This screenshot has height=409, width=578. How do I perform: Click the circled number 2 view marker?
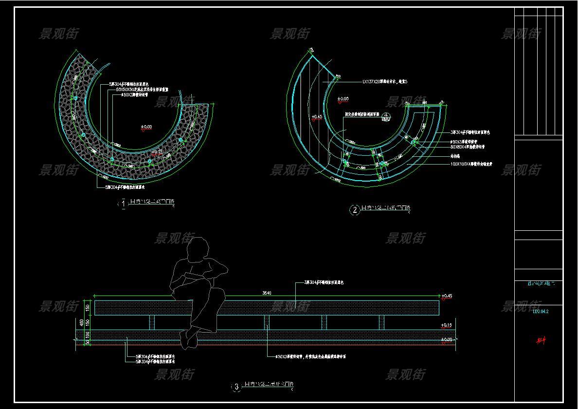click(354, 210)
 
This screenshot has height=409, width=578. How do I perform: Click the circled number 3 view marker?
click(236, 387)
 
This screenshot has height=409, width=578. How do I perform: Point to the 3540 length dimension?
click(267, 293)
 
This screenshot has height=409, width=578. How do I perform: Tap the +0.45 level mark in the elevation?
click(446, 296)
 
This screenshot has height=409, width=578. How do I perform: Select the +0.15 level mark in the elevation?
click(446, 325)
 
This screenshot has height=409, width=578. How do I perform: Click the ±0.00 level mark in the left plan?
click(146, 127)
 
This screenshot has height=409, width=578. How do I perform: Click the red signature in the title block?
click(541, 340)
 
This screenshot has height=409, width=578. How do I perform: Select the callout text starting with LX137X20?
click(384, 82)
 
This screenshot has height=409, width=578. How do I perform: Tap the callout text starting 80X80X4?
click(467, 147)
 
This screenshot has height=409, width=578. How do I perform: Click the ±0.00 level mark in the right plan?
click(343, 99)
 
